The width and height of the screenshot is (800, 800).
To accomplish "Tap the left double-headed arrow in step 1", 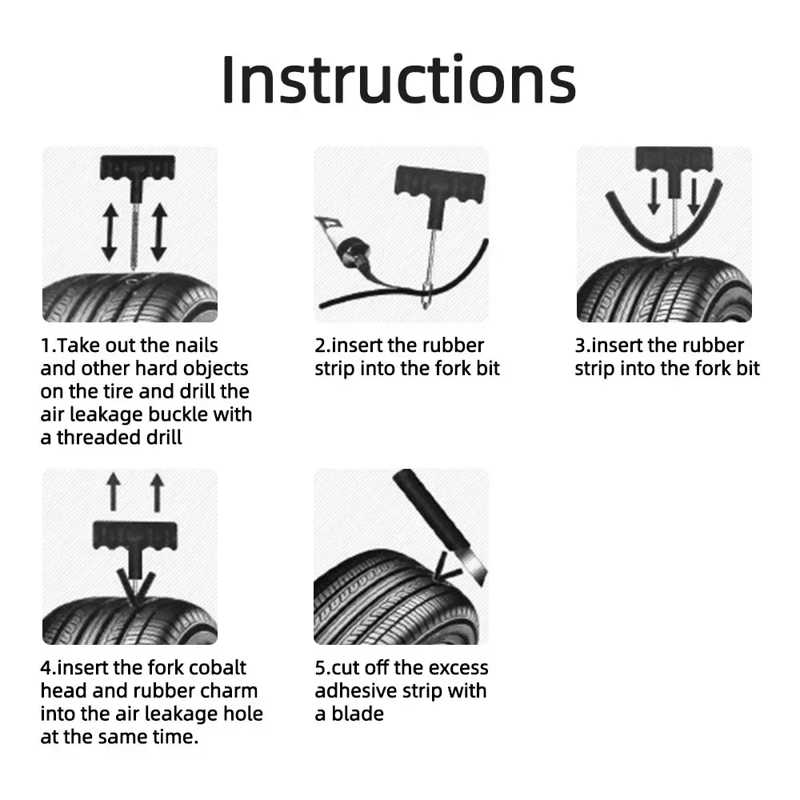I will pyautogui.click(x=109, y=232).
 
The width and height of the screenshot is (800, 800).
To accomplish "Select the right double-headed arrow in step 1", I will pyautogui.click(x=158, y=232).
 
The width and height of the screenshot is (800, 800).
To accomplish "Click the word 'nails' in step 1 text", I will pyautogui.click(x=191, y=346).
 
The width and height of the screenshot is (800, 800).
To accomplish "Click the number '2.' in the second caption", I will pyautogui.click(x=322, y=346).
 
